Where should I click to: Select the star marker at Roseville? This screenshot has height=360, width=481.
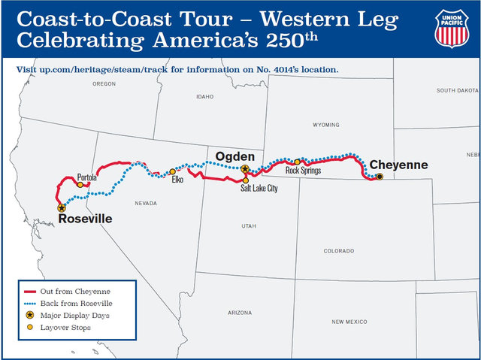tap(62, 208)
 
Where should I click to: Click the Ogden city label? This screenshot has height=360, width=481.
tap(236, 156)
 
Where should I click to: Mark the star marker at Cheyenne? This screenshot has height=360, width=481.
tap(380, 177)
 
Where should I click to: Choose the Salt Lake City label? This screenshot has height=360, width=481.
tap(259, 189)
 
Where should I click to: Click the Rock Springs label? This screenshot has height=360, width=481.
tap(304, 171)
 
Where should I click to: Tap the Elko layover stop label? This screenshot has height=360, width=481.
tap(177, 180)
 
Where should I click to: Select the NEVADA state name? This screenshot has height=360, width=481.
tap(146, 204)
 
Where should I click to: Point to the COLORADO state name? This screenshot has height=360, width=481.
tap(338, 250)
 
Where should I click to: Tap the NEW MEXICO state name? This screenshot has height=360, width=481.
tap(349, 322)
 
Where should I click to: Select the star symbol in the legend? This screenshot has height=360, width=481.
tap(29, 316)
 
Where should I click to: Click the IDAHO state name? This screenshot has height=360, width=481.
tap(204, 97)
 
